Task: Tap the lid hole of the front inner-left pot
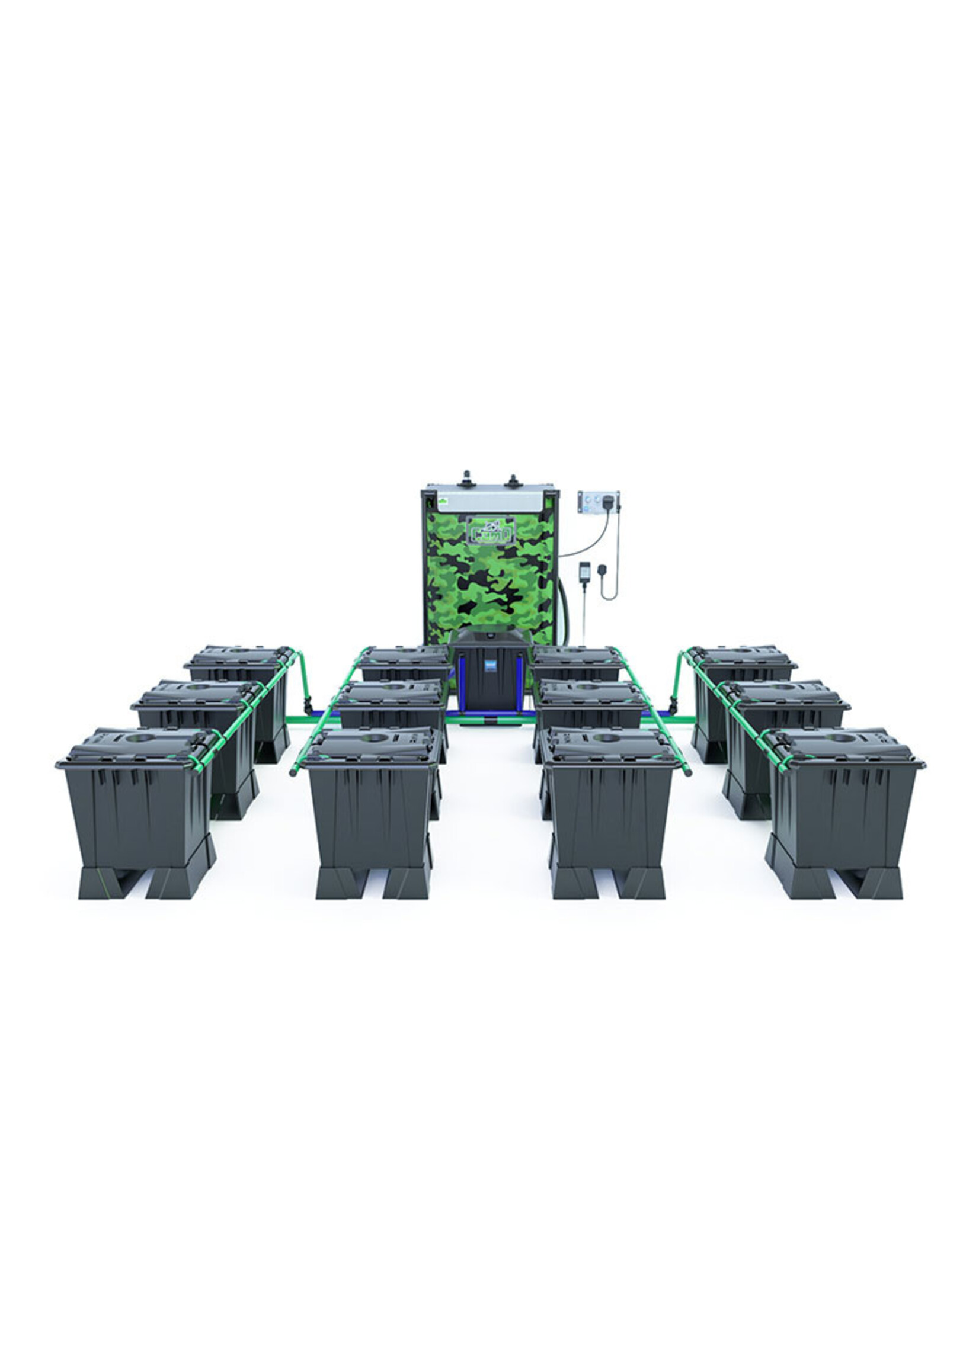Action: click(374, 737)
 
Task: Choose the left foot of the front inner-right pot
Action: click(574, 882)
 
